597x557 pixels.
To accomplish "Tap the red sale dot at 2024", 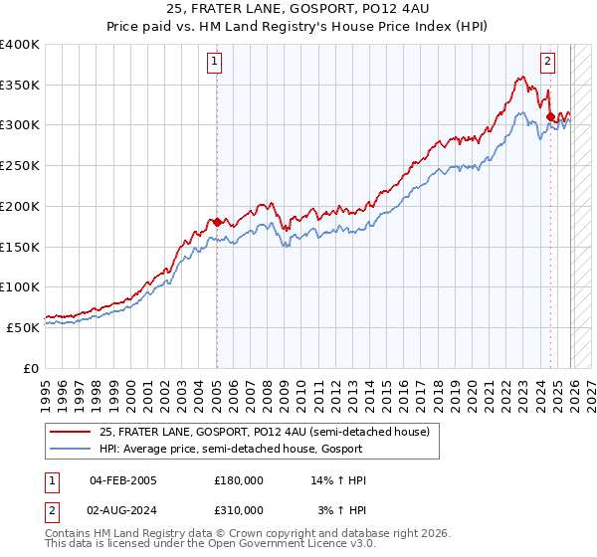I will (550, 116).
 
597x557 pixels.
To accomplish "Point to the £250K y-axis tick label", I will (20, 166).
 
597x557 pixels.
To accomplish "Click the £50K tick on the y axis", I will (23, 327).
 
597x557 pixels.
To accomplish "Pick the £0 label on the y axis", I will (32, 368).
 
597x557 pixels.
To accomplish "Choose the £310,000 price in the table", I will (239, 510).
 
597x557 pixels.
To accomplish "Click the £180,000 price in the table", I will (239, 480).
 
